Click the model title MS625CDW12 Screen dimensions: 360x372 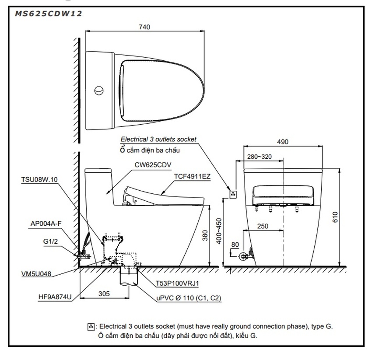[48, 14]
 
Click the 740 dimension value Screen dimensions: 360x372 [144, 27]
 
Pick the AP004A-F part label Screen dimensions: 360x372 [46, 223]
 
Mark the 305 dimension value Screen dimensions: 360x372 [104, 294]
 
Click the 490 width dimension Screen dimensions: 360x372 [282, 142]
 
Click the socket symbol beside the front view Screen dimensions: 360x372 [233, 193]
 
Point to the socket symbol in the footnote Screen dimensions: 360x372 [91, 326]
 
